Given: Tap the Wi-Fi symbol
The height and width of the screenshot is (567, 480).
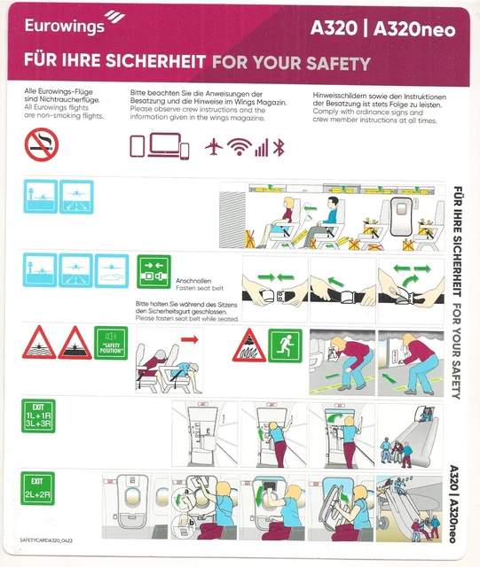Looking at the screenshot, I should (x=238, y=147).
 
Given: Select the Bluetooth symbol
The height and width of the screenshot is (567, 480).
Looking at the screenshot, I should (x=278, y=147).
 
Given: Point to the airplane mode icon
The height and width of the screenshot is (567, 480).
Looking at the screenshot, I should (x=214, y=147).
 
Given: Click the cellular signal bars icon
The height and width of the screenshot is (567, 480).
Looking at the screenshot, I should (x=261, y=148).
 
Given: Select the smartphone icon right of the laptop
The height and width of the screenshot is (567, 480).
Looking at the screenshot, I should (x=185, y=148).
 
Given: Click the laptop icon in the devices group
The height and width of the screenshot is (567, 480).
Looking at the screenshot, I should (x=163, y=145).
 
